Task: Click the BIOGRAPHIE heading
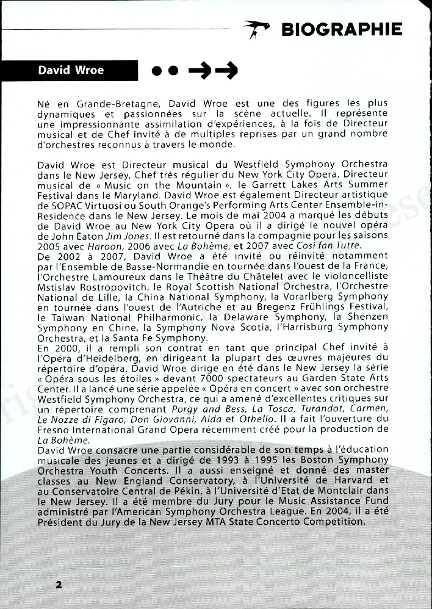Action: coord(342,29)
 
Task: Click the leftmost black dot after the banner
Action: coord(158,72)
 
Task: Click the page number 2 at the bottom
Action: coord(59,584)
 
